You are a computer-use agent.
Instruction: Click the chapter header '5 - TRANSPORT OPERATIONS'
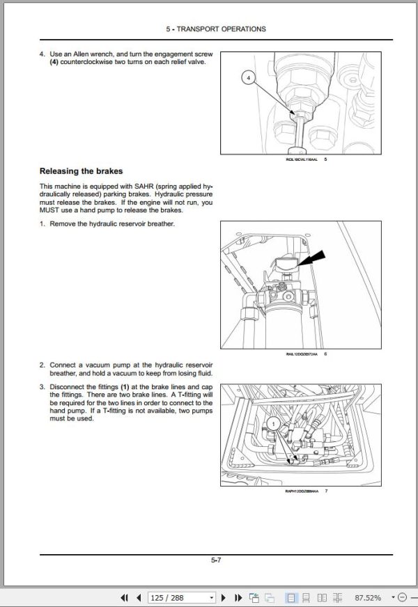216,29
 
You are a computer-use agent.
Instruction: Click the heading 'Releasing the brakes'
81,171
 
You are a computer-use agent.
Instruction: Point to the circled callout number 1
274,423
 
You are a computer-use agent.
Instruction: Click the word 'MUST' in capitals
51,210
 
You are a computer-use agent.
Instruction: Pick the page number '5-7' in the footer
216,559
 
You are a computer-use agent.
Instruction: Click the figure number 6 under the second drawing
325,354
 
